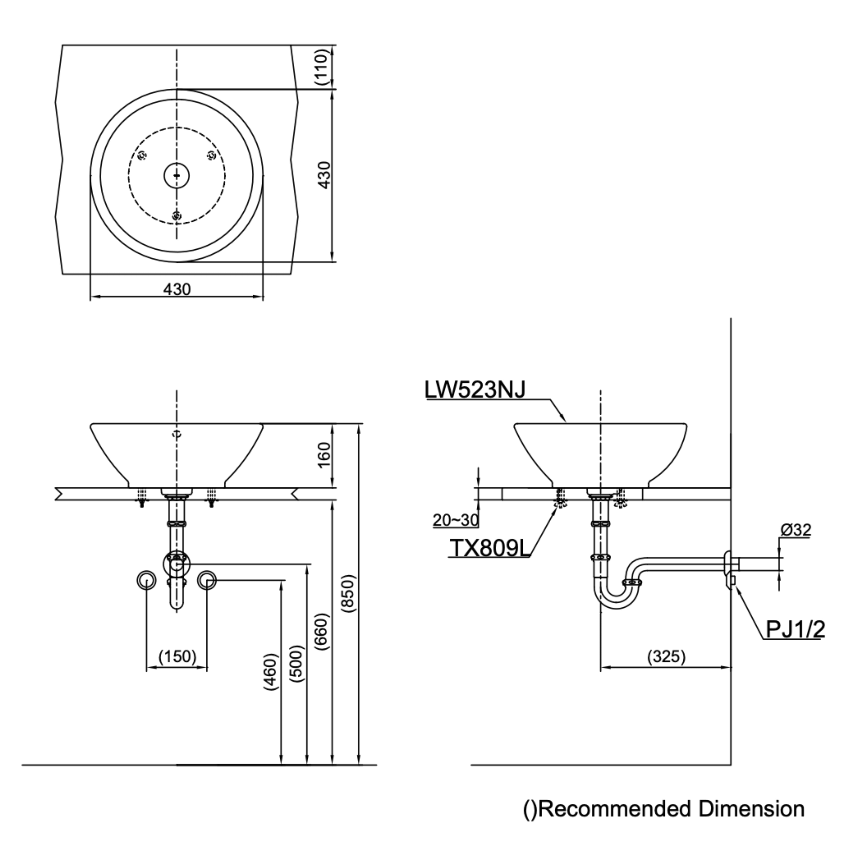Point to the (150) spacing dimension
[x=177, y=657]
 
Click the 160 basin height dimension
[x=324, y=455]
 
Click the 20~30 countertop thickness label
[x=455, y=520]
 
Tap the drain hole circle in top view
[x=177, y=175]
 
